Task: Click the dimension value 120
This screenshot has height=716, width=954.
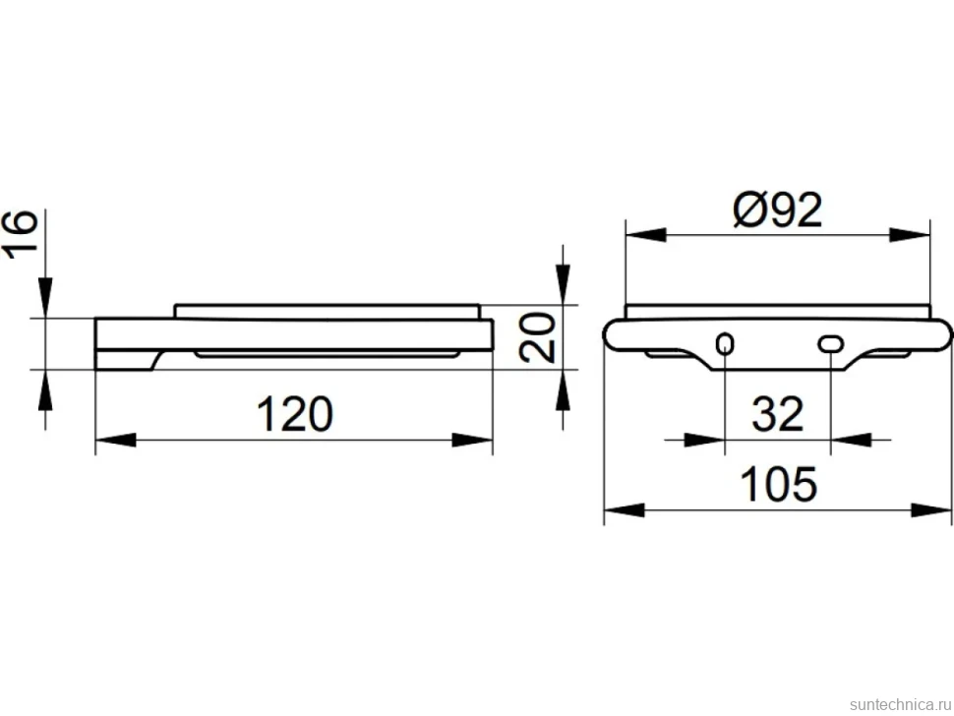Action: [295, 414]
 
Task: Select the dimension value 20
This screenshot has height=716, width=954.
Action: [538, 337]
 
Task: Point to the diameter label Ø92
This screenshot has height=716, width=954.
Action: [778, 209]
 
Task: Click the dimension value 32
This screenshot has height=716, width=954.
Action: [778, 414]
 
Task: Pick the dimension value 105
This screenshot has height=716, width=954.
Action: [778, 484]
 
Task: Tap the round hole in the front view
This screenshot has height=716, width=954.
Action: [725, 344]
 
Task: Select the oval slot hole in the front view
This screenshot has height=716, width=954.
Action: [830, 344]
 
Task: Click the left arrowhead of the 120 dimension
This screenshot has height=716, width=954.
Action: [116, 440]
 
